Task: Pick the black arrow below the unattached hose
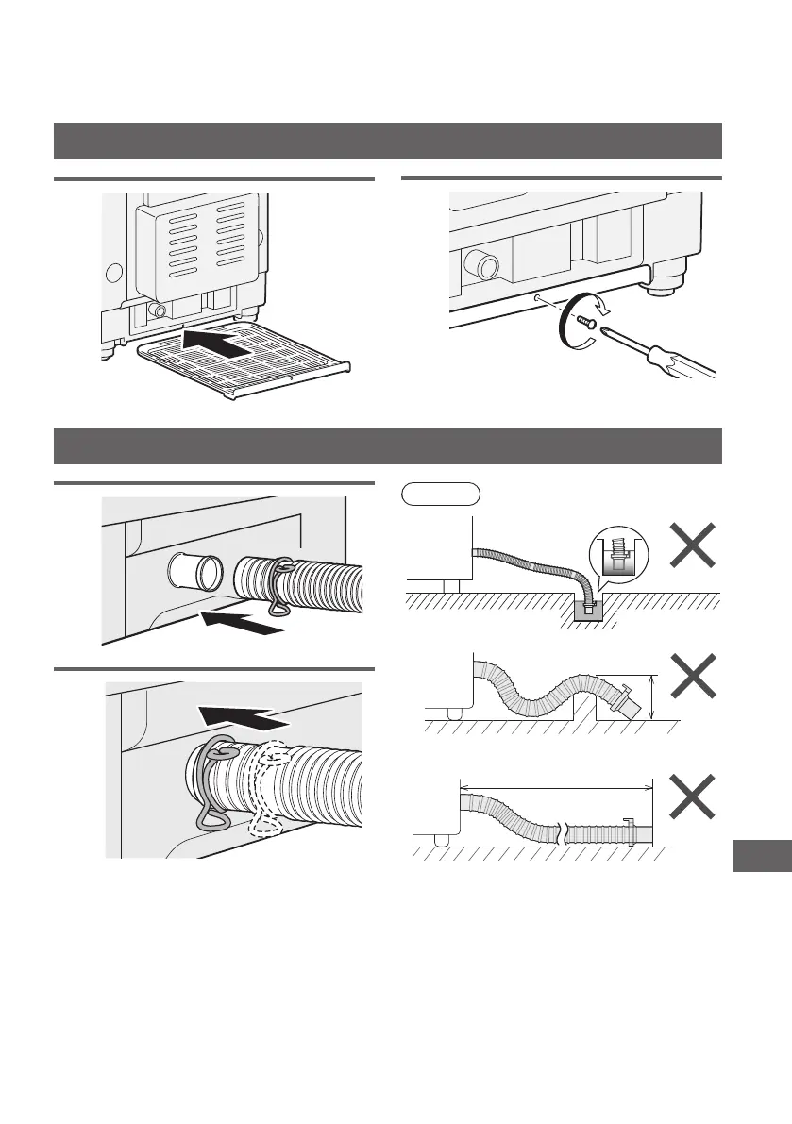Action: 241,622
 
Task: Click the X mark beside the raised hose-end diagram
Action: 692,679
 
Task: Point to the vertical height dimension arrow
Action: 652,696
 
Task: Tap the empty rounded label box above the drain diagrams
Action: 442,493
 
